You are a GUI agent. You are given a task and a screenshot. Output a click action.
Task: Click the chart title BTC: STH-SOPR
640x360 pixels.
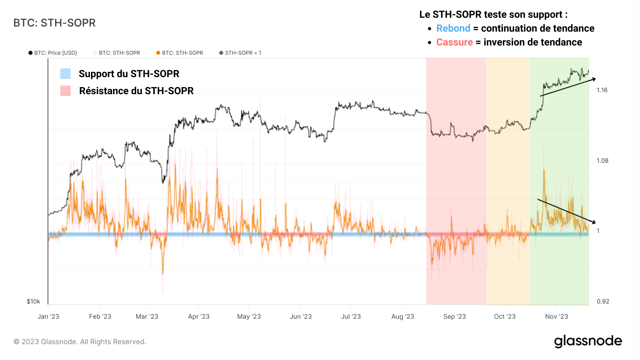click(54, 23)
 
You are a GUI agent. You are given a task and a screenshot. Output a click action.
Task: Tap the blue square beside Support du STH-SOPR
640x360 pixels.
click(65, 74)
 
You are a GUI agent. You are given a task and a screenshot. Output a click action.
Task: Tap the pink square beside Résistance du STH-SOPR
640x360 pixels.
click(65, 91)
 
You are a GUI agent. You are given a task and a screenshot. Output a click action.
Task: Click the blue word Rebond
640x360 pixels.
click(453, 28)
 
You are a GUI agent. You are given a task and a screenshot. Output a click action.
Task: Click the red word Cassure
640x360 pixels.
click(454, 42)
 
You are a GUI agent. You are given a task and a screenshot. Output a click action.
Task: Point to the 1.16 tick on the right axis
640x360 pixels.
click(602, 90)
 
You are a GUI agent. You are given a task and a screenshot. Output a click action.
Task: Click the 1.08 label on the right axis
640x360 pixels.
click(602, 161)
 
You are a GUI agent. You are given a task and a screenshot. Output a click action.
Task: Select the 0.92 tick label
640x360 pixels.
click(603, 301)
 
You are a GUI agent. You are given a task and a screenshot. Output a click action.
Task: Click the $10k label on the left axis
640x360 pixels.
click(33, 301)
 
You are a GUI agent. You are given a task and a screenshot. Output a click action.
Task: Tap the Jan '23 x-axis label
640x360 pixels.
click(48, 316)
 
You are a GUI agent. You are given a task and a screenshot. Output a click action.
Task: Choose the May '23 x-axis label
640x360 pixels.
click(249, 316)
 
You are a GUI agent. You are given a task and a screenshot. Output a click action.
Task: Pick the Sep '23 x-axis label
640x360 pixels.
click(454, 316)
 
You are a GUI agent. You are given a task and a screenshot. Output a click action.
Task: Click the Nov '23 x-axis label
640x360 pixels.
click(556, 316)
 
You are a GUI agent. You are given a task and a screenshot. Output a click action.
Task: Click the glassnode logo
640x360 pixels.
click(588, 341)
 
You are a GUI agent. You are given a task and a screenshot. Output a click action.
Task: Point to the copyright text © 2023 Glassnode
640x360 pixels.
click(80, 342)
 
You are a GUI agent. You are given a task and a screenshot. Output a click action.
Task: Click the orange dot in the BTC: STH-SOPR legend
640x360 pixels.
click(158, 53)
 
